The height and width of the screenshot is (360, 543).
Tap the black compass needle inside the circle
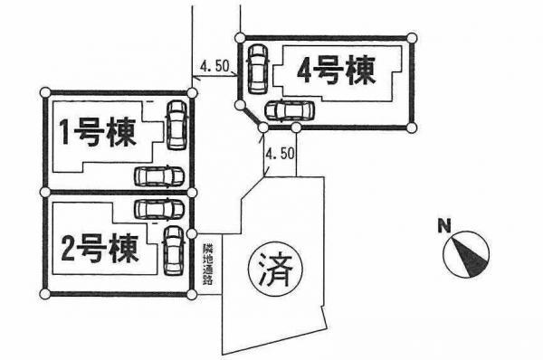[472, 256]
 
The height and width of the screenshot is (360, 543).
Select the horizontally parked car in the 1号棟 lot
[157, 175]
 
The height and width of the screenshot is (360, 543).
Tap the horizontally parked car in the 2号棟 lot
[157, 210]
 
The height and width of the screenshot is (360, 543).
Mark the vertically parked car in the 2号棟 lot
[173, 251]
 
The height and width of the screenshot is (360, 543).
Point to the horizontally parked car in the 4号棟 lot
[287, 110]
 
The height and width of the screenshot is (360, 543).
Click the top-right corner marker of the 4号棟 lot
[413, 38]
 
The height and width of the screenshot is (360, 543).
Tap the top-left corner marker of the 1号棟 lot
[45, 92]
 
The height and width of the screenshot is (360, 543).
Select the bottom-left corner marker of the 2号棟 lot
[45, 295]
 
